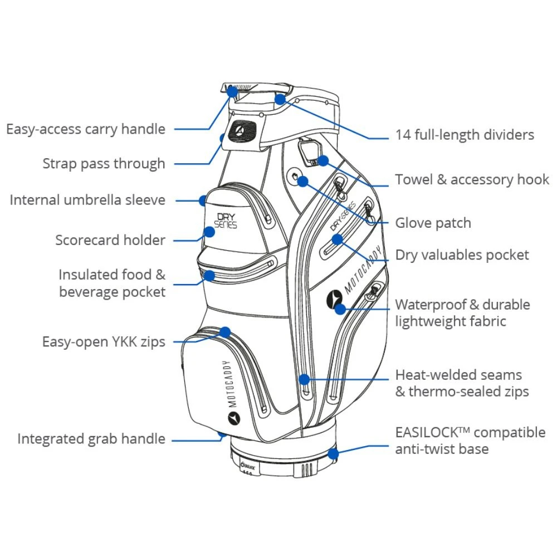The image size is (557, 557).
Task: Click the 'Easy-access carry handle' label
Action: [x=86, y=129]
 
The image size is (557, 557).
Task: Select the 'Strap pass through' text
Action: [x=104, y=164]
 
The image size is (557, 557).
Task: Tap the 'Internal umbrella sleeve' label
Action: [x=87, y=200]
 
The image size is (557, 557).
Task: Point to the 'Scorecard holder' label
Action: [x=110, y=240]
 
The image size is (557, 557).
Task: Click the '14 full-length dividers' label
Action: [x=465, y=135]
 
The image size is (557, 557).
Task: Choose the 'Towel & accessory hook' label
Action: [x=472, y=179]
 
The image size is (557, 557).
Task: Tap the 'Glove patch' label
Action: [x=433, y=223]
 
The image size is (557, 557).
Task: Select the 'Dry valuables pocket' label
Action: [x=462, y=255]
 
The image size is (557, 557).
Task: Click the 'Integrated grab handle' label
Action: [x=91, y=438]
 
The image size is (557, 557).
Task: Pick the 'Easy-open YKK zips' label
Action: [x=104, y=341]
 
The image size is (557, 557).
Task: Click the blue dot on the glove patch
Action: [x=302, y=180]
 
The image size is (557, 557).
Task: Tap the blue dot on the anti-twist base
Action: [x=333, y=453]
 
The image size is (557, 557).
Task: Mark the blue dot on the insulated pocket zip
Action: [x=209, y=275]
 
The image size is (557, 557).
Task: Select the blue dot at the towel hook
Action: [x=324, y=160]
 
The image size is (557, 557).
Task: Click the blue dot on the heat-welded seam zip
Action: [x=304, y=379]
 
